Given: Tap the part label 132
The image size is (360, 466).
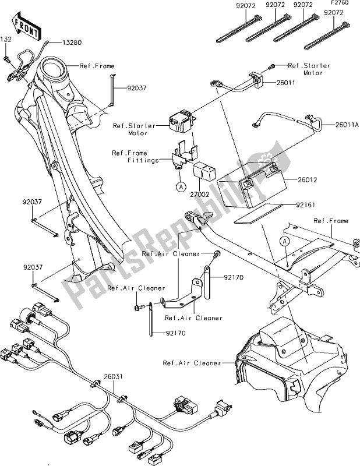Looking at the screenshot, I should tap(6, 39).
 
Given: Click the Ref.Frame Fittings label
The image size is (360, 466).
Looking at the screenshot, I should tap(135, 157).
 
